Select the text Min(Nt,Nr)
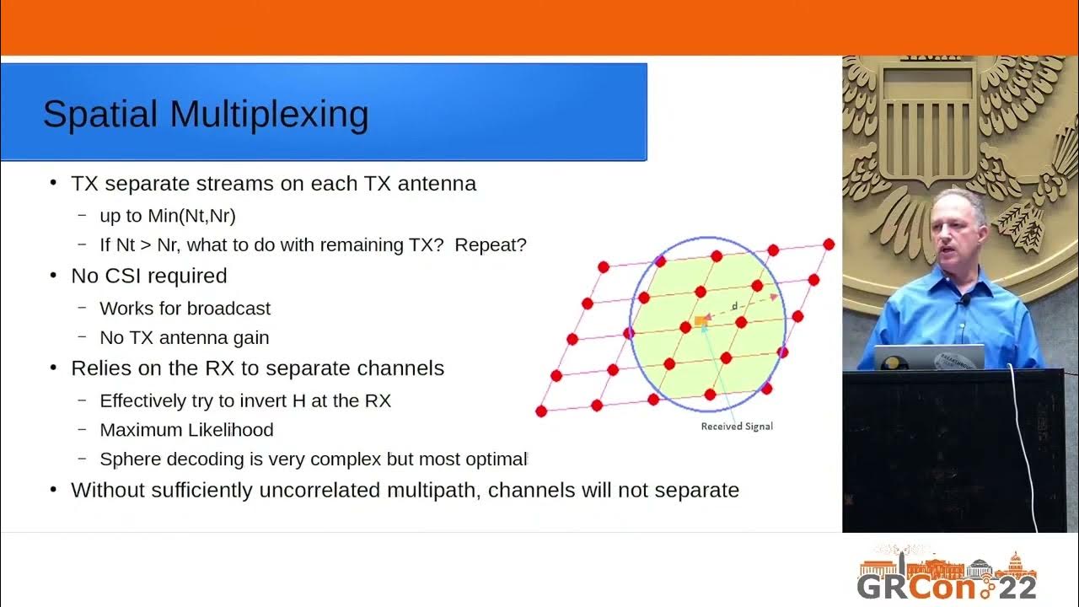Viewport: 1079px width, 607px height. (x=192, y=216)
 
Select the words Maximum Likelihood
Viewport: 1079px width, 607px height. (x=186, y=430)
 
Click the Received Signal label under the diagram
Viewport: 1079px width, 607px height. (x=737, y=427)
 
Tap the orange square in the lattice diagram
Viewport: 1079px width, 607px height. (x=701, y=321)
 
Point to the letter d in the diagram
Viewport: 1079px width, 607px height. (x=734, y=306)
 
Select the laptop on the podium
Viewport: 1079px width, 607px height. (x=928, y=357)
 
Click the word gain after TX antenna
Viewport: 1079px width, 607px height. (x=251, y=338)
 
